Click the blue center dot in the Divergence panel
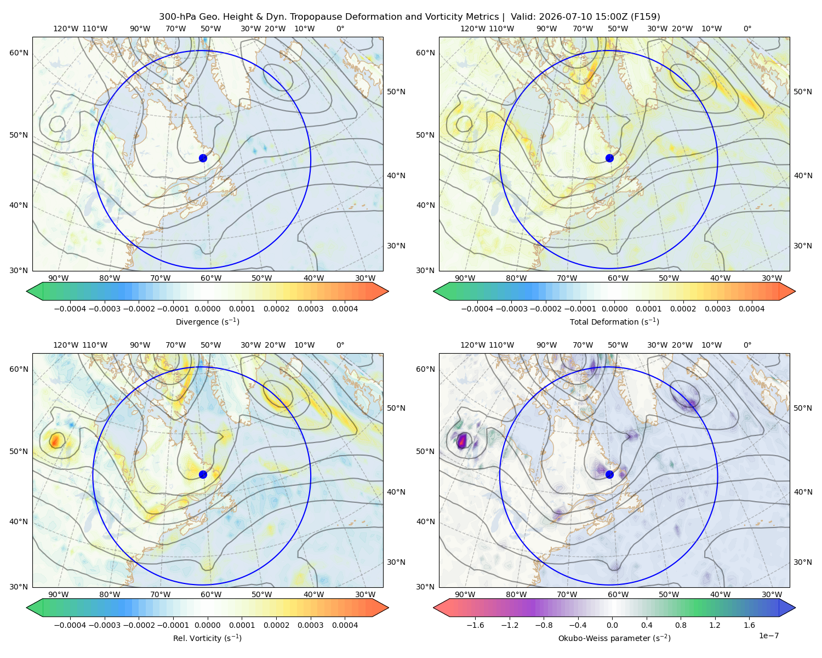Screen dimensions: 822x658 (x=203, y=158)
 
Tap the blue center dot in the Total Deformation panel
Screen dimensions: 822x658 (x=609, y=158)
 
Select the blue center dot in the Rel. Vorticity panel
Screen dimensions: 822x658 (x=203, y=474)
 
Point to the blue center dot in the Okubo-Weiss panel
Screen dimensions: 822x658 (x=609, y=474)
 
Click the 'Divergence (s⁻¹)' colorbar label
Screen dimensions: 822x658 (x=207, y=321)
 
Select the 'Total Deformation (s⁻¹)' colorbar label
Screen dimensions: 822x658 (x=614, y=321)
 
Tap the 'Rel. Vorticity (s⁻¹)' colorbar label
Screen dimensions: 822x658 (x=207, y=638)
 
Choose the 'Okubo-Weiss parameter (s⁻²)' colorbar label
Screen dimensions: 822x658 (x=614, y=638)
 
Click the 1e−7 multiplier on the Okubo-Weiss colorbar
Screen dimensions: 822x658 (x=768, y=636)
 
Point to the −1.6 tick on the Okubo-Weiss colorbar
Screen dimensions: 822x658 (x=475, y=625)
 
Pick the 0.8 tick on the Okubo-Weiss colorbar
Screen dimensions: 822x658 (x=681, y=625)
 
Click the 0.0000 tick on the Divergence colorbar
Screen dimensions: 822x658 (x=207, y=309)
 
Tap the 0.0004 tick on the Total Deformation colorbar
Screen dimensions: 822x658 (x=751, y=309)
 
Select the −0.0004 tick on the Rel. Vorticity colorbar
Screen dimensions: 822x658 (x=70, y=625)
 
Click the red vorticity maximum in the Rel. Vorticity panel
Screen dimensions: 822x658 (x=56, y=440)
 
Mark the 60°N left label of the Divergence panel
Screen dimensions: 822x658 (x=19, y=53)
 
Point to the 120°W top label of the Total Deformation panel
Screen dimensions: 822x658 (x=472, y=29)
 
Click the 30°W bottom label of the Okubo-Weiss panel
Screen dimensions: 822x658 (x=772, y=594)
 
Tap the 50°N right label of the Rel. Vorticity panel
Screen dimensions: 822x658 (x=396, y=408)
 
